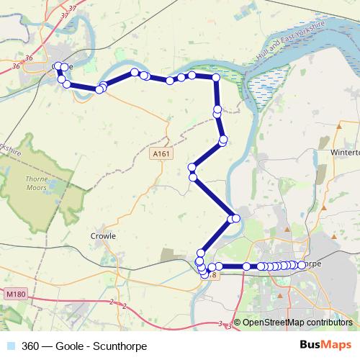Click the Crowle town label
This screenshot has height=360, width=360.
103,235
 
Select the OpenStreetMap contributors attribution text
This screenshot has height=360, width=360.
297,322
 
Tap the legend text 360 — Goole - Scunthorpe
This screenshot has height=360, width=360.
84,346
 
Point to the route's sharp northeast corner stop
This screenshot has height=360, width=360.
216,77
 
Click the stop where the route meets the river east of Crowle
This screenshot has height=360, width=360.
234,218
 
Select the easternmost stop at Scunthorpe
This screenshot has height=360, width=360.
301,265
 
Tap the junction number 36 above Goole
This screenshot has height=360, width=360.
29,57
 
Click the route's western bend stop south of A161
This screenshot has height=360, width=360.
192,176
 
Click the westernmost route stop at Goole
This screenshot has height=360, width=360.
57,67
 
